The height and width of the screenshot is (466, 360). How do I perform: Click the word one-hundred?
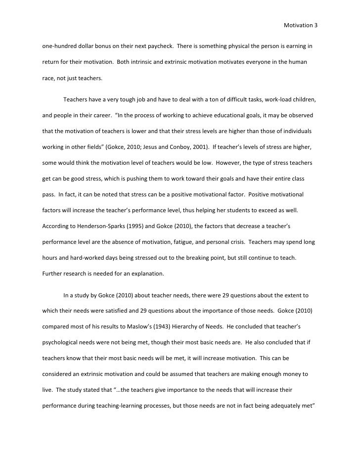tap(58, 46)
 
